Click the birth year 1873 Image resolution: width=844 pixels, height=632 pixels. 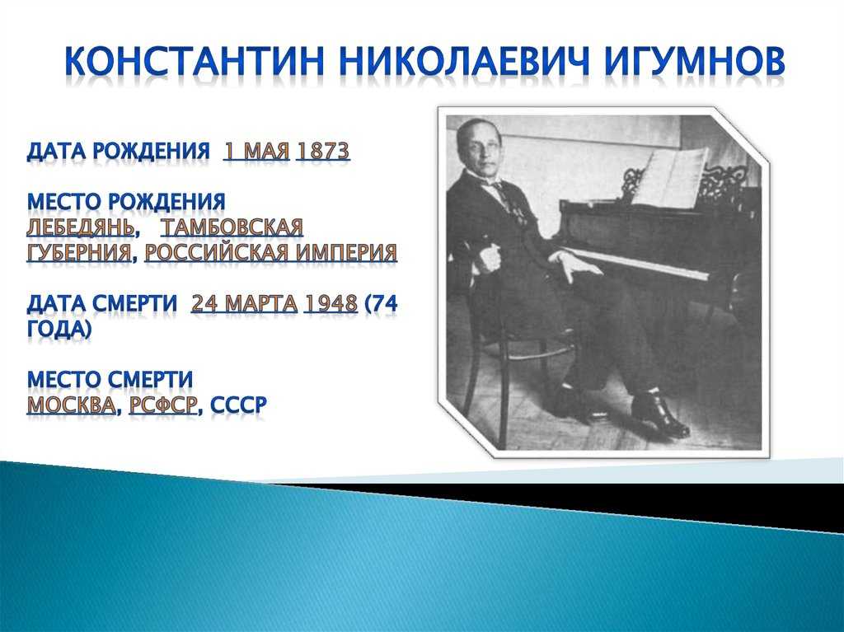[x=323, y=152]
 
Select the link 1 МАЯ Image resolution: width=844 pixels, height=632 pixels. [x=256, y=152]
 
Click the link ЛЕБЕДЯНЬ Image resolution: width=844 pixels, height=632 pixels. [x=80, y=227]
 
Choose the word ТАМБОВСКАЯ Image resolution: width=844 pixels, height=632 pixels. [x=232, y=227]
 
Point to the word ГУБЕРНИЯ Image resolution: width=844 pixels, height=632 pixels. [x=78, y=252]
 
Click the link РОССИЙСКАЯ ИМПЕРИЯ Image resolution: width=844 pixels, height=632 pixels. [x=271, y=252]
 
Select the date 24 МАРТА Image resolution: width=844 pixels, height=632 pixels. [x=244, y=304]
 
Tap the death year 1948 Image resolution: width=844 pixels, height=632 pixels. [x=331, y=304]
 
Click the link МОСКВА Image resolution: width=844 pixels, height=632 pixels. [x=71, y=405]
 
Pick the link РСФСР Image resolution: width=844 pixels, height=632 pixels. [x=163, y=405]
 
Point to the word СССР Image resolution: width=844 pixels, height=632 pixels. [x=238, y=405]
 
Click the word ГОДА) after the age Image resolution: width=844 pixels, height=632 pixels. [x=59, y=329]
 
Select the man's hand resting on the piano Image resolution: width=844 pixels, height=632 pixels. [x=578, y=265]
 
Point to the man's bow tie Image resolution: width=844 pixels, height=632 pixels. [x=493, y=184]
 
